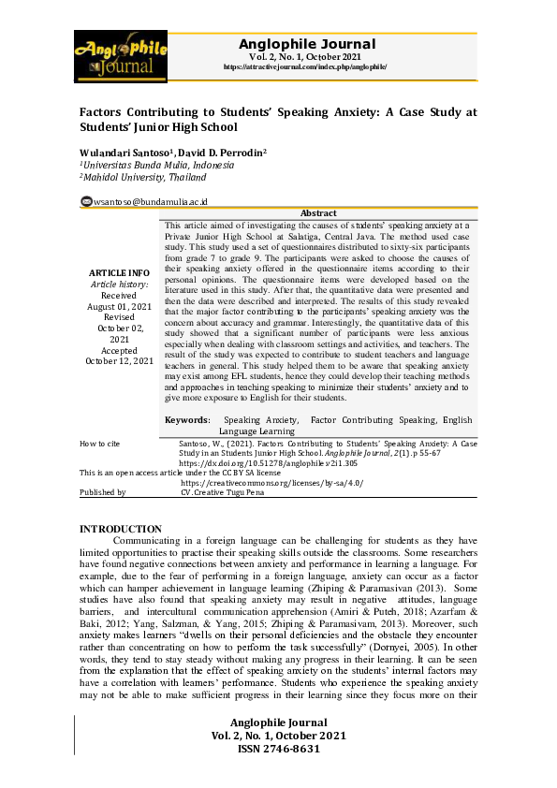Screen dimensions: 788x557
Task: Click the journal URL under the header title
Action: (x=305, y=67)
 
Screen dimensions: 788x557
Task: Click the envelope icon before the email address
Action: (x=86, y=200)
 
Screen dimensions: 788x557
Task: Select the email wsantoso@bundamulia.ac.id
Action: (x=150, y=201)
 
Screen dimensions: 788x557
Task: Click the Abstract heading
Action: (x=318, y=213)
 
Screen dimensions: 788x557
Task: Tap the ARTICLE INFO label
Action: (x=119, y=271)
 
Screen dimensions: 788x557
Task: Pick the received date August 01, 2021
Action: (x=119, y=306)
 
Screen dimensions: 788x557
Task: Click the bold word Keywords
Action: (x=187, y=421)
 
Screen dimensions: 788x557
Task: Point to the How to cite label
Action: (x=100, y=442)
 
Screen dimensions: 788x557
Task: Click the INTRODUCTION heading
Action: (x=121, y=529)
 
